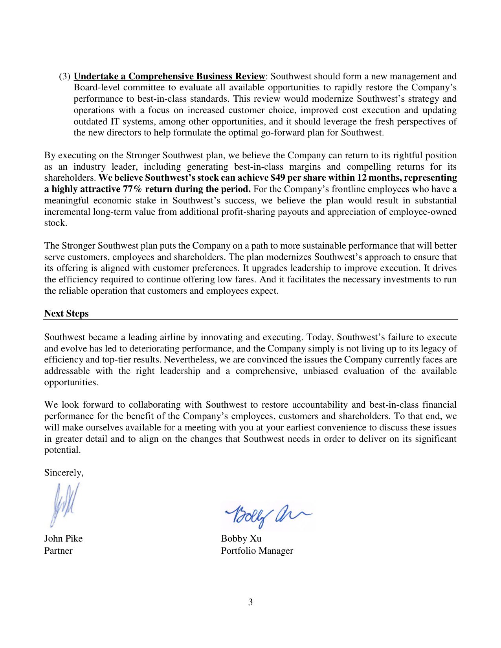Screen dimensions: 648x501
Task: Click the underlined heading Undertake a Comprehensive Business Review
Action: [169, 76]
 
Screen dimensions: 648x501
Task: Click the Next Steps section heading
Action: [66, 313]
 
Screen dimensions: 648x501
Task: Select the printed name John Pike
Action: [63, 538]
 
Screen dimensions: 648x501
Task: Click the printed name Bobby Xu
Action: [241, 538]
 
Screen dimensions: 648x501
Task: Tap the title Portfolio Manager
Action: [257, 551]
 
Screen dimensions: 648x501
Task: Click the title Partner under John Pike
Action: [58, 551]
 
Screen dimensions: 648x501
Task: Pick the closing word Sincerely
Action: [64, 472]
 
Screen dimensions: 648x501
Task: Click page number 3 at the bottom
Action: [250, 602]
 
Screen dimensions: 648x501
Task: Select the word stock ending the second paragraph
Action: [55, 223]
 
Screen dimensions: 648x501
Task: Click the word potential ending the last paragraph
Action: [62, 450]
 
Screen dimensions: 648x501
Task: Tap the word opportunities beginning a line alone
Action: [71, 383]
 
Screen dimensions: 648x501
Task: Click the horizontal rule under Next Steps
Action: [250, 320]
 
